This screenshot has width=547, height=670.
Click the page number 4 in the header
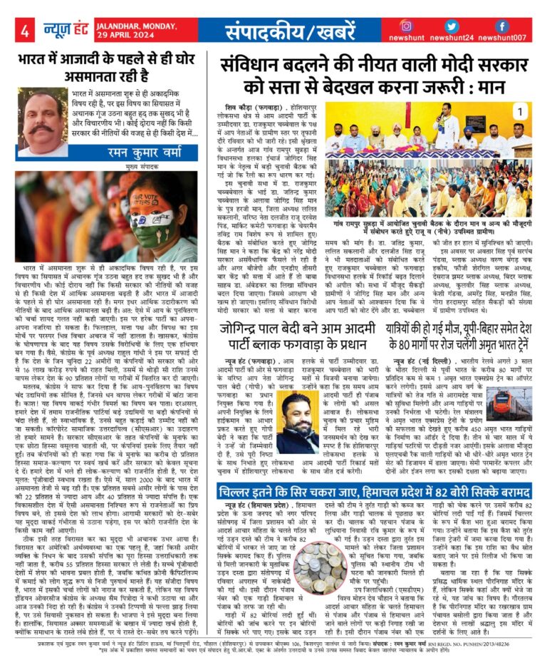pos(24,31)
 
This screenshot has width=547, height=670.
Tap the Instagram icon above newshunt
pos(426,26)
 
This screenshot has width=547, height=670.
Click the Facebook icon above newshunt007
pos(501,26)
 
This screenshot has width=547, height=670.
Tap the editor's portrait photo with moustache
pos(42,122)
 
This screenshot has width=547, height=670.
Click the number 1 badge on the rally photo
pos(520,111)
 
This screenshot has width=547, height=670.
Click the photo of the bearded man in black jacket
pos(297,423)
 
